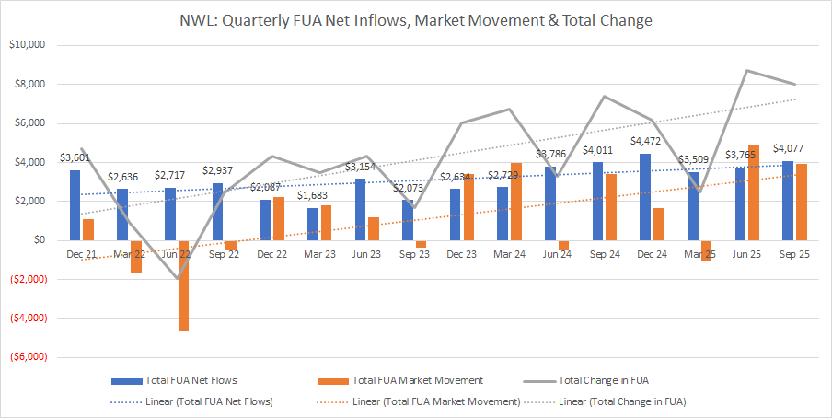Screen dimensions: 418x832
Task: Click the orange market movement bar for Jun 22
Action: coord(184,285)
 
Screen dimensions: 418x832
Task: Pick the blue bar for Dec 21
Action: coord(75,205)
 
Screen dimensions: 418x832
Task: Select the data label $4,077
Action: coord(790,149)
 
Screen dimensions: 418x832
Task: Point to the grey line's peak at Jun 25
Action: coord(747,70)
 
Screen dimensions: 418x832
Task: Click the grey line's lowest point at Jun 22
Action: coord(178,278)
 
